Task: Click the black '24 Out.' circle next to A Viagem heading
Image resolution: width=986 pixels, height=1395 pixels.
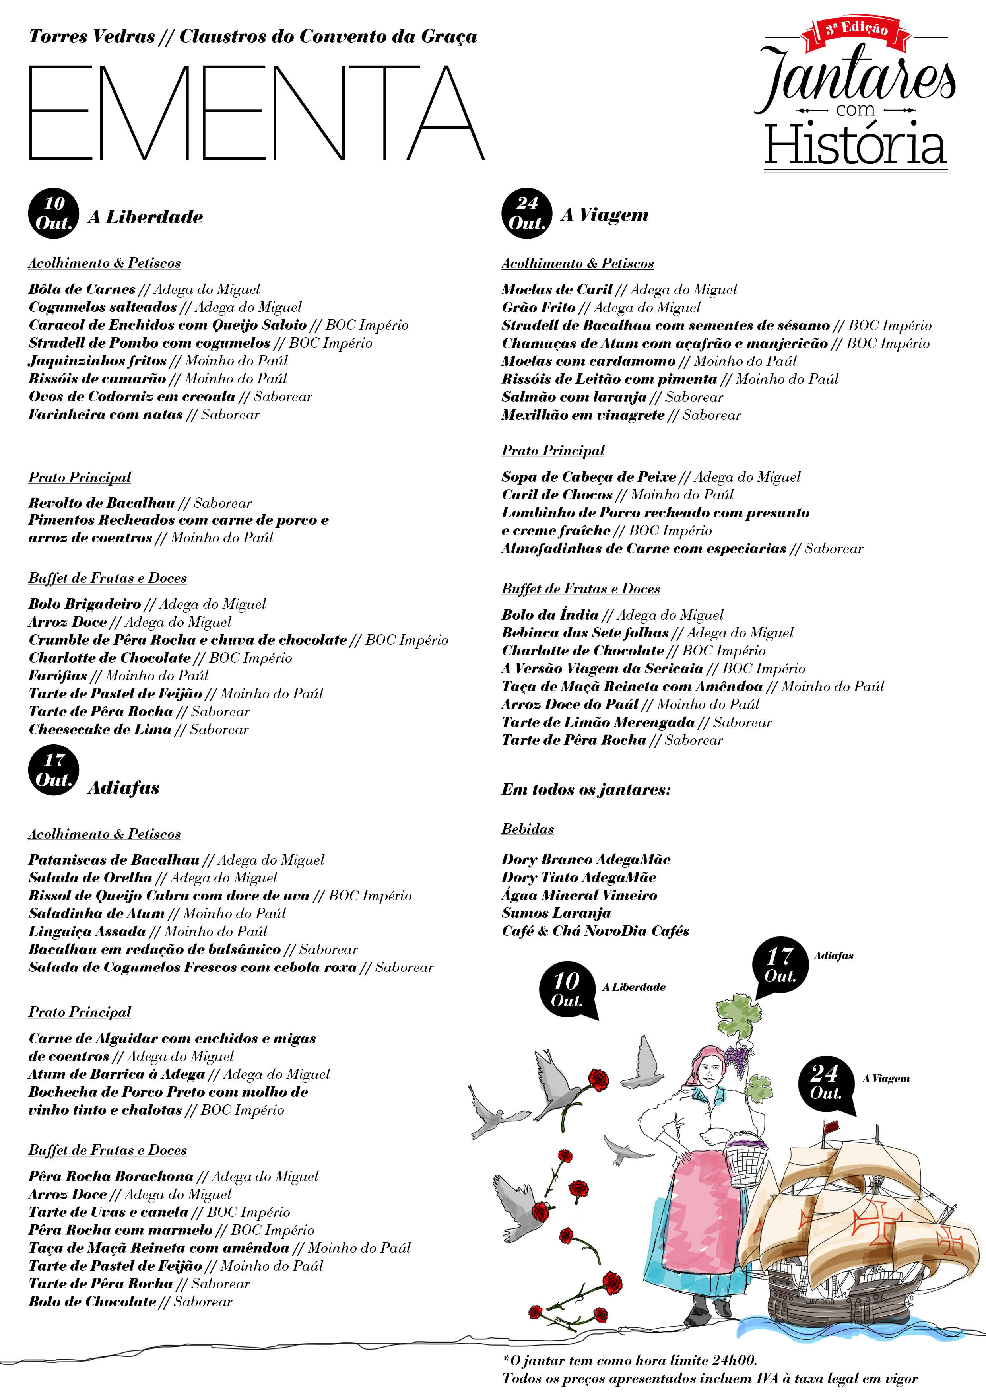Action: [x=526, y=213]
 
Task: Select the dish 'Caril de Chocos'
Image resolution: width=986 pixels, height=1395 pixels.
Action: [x=557, y=495]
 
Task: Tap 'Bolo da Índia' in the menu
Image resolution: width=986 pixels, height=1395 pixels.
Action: [x=550, y=615]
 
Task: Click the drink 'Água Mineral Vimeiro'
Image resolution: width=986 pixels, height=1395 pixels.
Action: [x=579, y=895]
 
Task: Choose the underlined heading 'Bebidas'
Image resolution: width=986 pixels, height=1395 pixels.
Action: [x=527, y=829]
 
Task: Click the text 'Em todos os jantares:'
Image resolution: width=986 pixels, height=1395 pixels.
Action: [x=586, y=790]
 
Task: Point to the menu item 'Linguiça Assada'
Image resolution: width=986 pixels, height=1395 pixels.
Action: [x=87, y=931]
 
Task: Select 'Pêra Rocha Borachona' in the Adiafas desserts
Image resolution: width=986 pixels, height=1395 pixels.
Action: [x=111, y=1176]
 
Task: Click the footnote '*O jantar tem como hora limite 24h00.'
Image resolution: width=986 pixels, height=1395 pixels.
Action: [x=629, y=1360]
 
